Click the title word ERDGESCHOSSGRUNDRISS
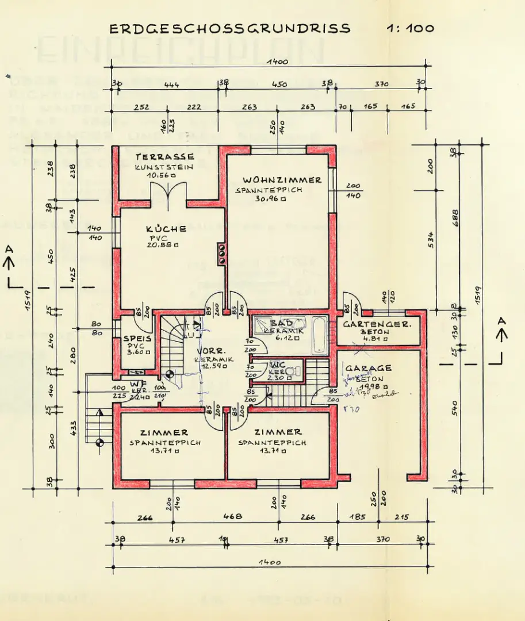[x=229, y=28]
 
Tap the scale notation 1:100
[x=411, y=28]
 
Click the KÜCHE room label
[x=166, y=228]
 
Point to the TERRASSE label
[x=164, y=156]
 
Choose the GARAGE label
[x=368, y=368]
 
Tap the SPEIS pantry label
[x=137, y=339]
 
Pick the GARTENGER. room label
[x=377, y=324]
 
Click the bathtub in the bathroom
[x=319, y=335]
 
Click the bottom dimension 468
[x=232, y=516]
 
